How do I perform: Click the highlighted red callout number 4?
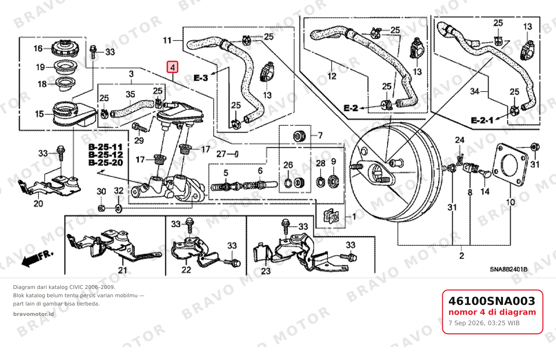pyautogui.click(x=172, y=67)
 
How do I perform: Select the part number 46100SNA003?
pyautogui.click(x=492, y=301)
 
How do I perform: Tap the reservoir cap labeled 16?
pyautogui.click(x=65, y=48)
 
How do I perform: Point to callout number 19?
pyautogui.click(x=40, y=67)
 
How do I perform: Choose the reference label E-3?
pyautogui.click(x=201, y=78)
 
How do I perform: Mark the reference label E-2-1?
pyautogui.click(x=482, y=121)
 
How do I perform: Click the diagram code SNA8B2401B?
pyautogui.click(x=509, y=269)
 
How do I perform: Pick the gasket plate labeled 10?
pyautogui.click(x=510, y=164)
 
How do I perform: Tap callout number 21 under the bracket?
pyautogui.click(x=123, y=270)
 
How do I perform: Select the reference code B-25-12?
pyautogui.click(x=106, y=155)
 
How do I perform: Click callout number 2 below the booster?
pyautogui.click(x=461, y=256)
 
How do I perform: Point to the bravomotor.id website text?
pyautogui.click(x=33, y=314)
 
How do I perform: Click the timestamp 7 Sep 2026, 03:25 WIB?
pyautogui.click(x=484, y=323)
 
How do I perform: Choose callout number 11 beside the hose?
pyautogui.click(x=167, y=40)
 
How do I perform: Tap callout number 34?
pyautogui.click(x=475, y=91)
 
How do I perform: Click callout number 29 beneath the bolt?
pyautogui.click(x=139, y=141)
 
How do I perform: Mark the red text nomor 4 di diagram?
pyautogui.click(x=492, y=312)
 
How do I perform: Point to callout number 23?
pyautogui.click(x=266, y=271)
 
